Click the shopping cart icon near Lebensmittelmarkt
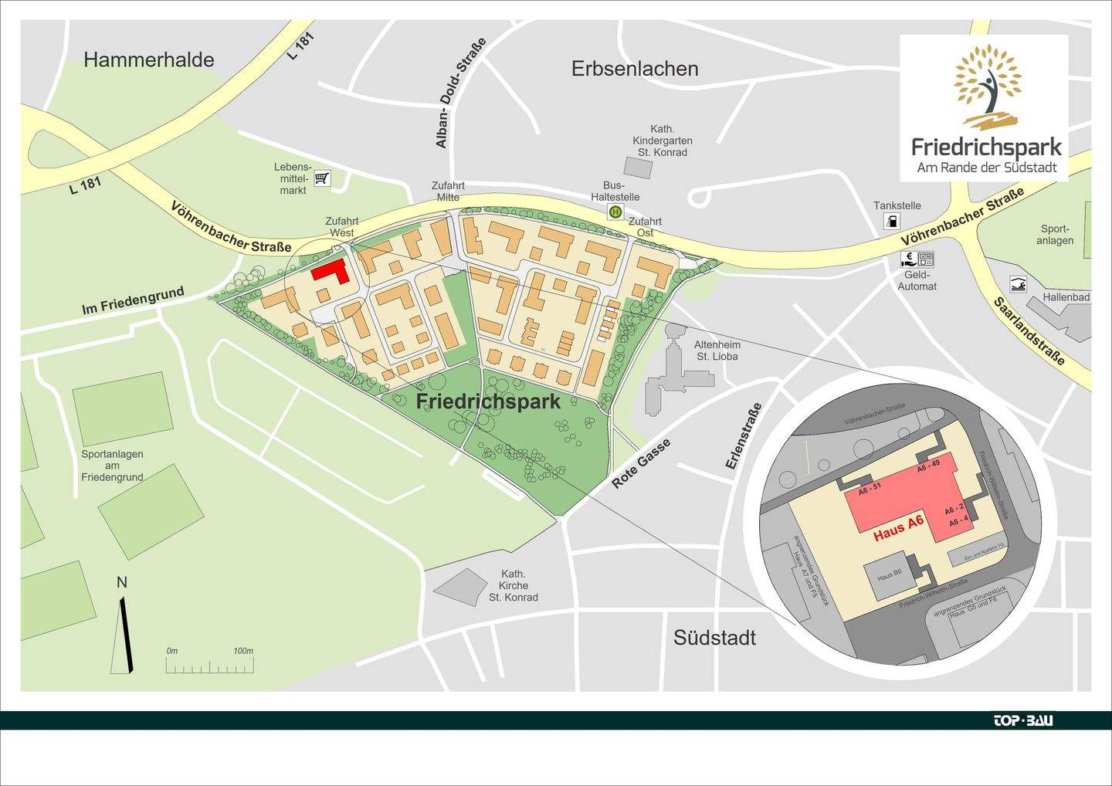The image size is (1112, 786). pyautogui.click(x=322, y=179)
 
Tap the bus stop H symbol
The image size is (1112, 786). pyautogui.click(x=615, y=212)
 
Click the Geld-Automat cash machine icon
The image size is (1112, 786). pyautogui.click(x=917, y=259)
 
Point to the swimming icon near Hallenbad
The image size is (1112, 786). pyautogui.click(x=1019, y=284)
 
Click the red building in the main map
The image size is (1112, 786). pyautogui.click(x=331, y=272)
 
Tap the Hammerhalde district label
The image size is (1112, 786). pyautogui.click(x=148, y=60)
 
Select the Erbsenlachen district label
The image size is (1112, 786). pyautogui.click(x=635, y=69)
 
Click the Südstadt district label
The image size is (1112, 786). pyautogui.click(x=714, y=638)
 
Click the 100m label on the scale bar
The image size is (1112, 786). pyautogui.click(x=243, y=651)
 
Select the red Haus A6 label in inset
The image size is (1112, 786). pyautogui.click(x=898, y=529)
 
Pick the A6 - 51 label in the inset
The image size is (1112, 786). pyautogui.click(x=870, y=488)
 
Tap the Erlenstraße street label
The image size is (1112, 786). pyautogui.click(x=744, y=436)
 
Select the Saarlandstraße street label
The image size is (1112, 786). pyautogui.click(x=1029, y=331)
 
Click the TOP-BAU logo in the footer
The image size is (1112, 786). pyautogui.click(x=1022, y=720)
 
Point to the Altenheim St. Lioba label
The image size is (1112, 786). pyautogui.click(x=717, y=351)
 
